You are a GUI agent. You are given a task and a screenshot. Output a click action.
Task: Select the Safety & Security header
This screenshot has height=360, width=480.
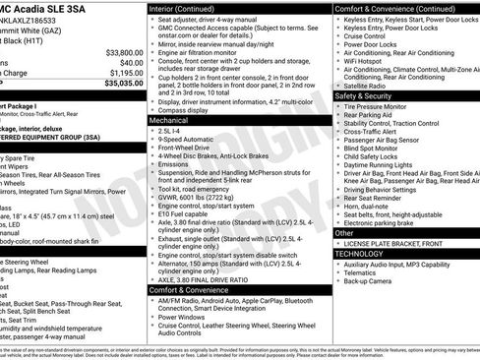pyautogui.click(x=363, y=96)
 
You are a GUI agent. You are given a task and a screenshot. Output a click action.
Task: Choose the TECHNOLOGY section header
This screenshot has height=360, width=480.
pyautogui.click(x=359, y=254)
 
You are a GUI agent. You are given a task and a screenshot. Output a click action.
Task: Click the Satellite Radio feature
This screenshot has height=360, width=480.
pyautogui.click(x=371, y=86)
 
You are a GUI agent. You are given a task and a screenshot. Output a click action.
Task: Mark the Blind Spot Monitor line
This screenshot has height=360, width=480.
pyautogui.click(x=376, y=148)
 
